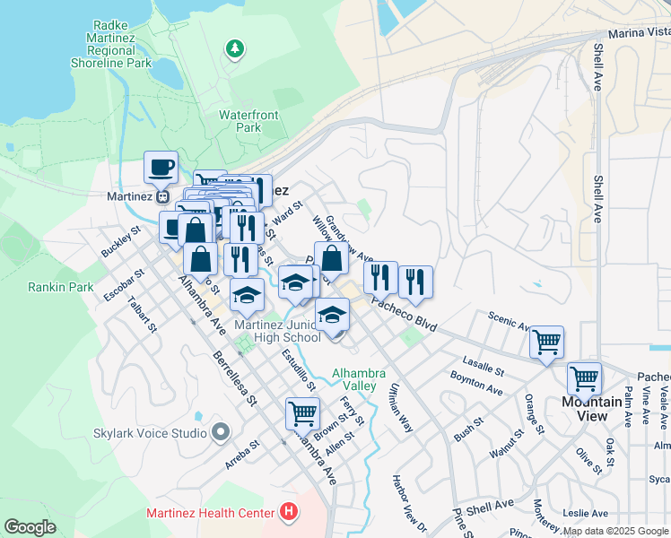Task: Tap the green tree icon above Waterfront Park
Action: pyautogui.click(x=235, y=47)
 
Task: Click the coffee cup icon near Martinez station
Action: pyautogui.click(x=161, y=167)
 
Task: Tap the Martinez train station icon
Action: pyautogui.click(x=162, y=195)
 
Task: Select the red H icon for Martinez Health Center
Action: pyautogui.click(x=288, y=512)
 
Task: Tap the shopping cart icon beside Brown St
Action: pyautogui.click(x=302, y=413)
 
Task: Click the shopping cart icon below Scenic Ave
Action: pyautogui.click(x=545, y=342)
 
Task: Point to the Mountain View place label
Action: pyautogui.click(x=592, y=408)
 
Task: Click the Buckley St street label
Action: pyautogui.click(x=121, y=241)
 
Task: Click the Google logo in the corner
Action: pyautogui.click(x=30, y=526)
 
